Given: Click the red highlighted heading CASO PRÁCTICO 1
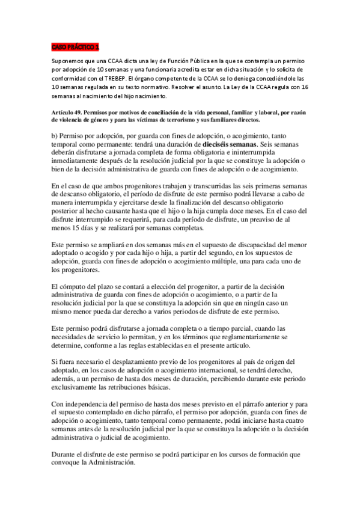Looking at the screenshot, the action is point(75,47).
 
